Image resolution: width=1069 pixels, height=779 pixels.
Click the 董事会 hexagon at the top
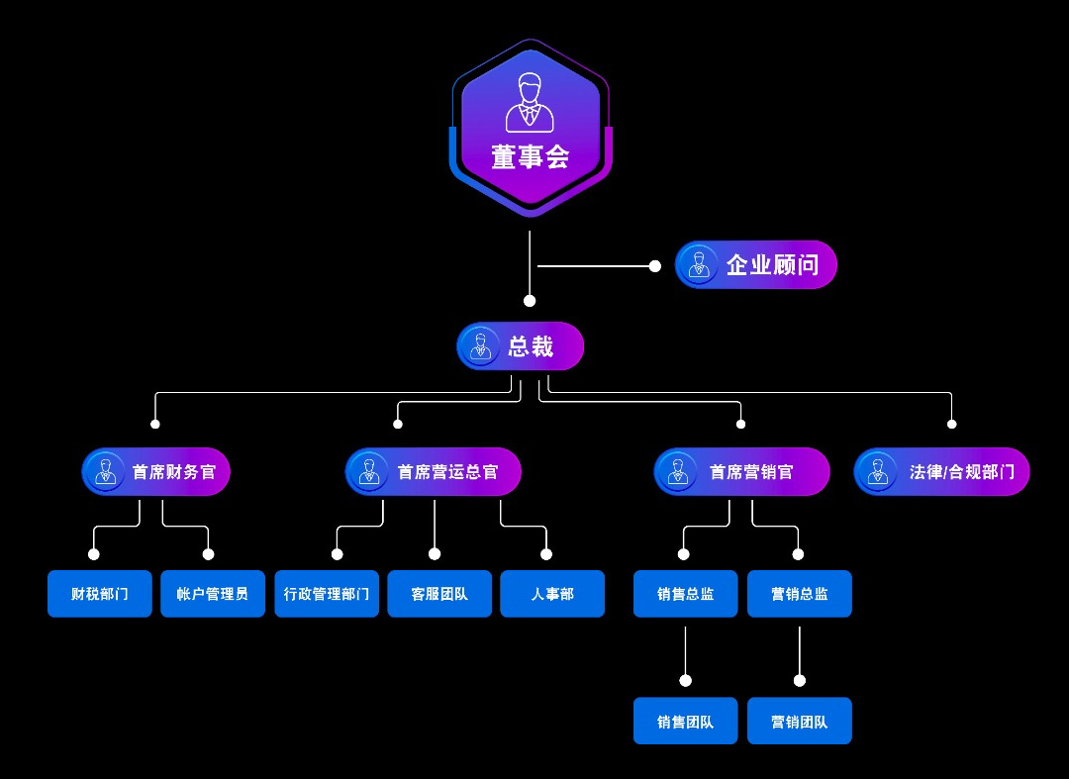click(x=531, y=129)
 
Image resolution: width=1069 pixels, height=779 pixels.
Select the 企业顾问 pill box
click(x=756, y=265)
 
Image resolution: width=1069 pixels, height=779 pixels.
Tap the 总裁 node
click(x=521, y=346)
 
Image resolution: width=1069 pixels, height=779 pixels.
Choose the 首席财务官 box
click(x=156, y=472)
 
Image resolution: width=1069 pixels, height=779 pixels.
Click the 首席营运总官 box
click(x=434, y=472)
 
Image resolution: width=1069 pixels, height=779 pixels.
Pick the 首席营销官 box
click(x=741, y=472)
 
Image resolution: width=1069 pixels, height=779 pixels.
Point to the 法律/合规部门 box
click(x=941, y=472)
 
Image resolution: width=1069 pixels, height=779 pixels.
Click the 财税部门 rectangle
click(x=100, y=594)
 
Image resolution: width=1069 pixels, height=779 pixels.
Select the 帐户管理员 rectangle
click(x=213, y=594)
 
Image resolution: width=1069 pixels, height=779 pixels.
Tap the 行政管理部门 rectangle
click(x=327, y=594)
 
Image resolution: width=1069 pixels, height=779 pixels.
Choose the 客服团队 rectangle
click(x=439, y=594)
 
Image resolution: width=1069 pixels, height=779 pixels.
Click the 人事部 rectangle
click(x=552, y=594)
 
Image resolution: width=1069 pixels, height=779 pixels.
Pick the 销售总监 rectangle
click(x=685, y=594)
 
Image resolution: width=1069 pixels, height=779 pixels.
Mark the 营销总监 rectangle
click(x=800, y=594)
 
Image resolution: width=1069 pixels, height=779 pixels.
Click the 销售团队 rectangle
click(x=685, y=722)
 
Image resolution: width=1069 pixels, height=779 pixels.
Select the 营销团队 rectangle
click(x=800, y=722)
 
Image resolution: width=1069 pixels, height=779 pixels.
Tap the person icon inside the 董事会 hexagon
click(x=531, y=103)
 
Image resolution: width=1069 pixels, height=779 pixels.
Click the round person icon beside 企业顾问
click(x=699, y=265)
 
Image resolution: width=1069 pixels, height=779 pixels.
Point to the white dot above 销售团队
click(x=685, y=680)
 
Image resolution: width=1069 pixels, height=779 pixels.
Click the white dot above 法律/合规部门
click(x=952, y=424)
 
